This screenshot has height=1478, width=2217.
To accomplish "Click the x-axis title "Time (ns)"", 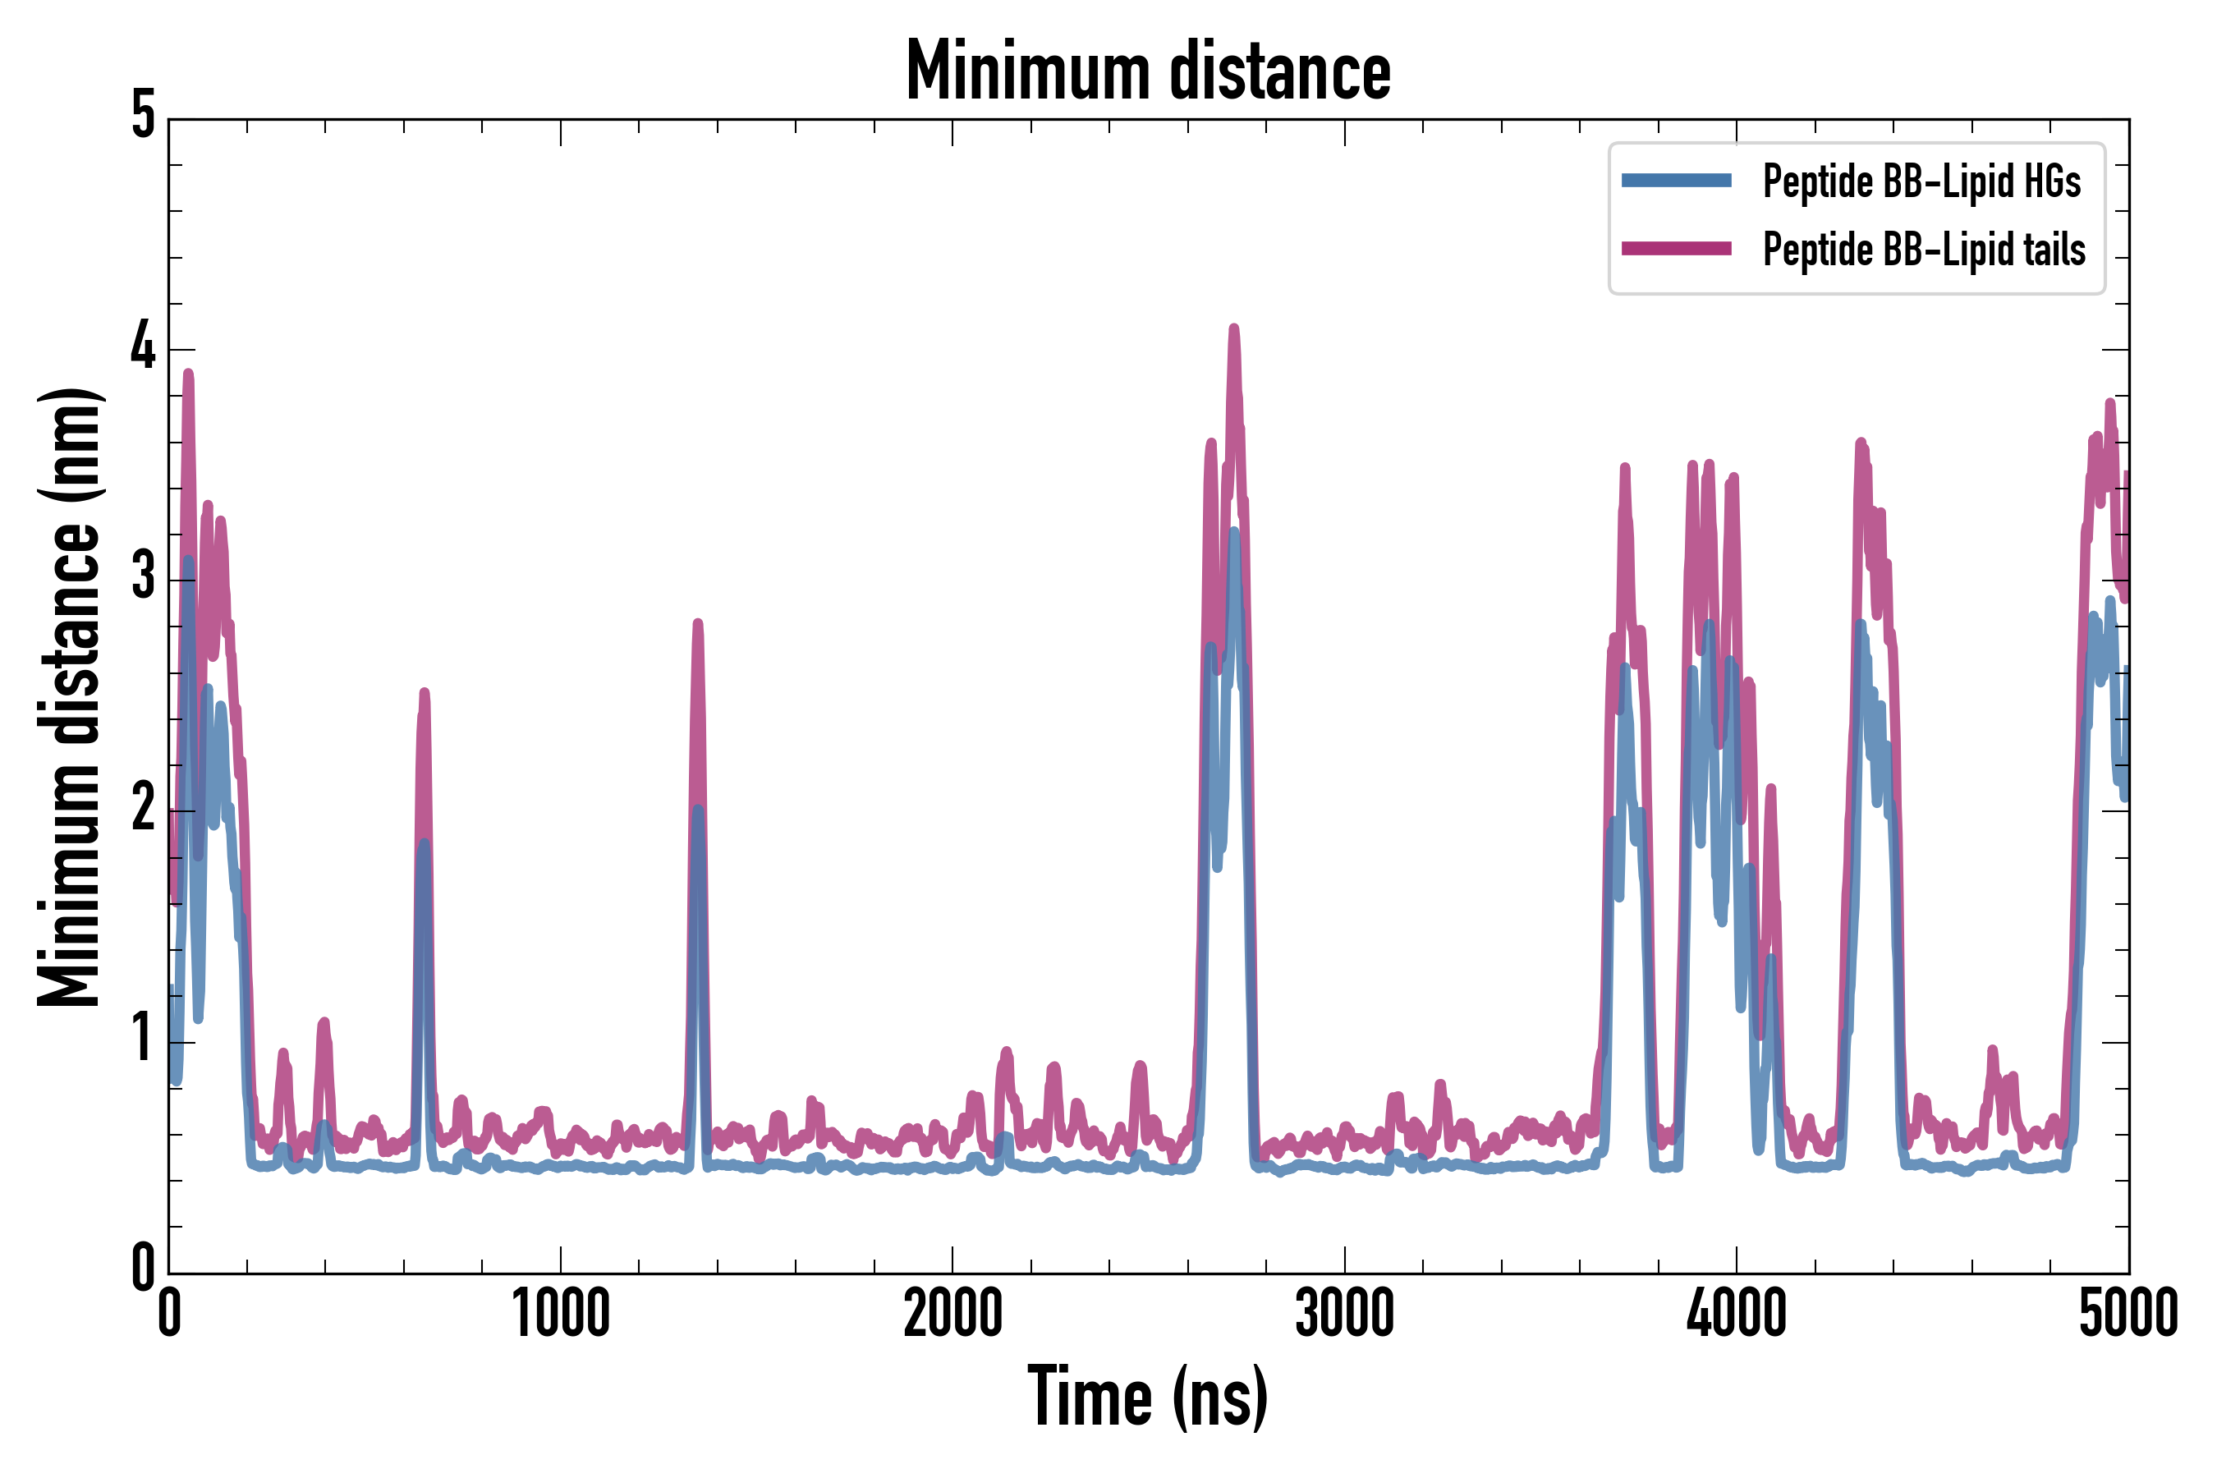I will tap(1147, 1396).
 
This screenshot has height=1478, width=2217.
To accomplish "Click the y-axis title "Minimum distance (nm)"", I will tap(68, 697).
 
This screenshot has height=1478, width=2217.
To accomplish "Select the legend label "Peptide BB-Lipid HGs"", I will tap(1921, 181).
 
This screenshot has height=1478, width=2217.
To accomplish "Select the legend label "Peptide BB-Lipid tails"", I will tap(1924, 250).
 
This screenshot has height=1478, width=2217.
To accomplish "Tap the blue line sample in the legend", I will tap(1676, 181).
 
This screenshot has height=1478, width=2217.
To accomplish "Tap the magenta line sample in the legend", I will tap(1676, 249).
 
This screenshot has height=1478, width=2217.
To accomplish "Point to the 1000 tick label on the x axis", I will tap(561, 1313).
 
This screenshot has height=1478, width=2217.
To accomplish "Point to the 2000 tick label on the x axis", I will tap(952, 1313).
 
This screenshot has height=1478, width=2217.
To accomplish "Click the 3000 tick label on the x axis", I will tap(1344, 1313).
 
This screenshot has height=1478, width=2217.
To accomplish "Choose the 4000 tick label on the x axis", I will tap(1737, 1313).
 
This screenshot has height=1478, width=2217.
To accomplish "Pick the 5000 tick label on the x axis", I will tap(2128, 1313).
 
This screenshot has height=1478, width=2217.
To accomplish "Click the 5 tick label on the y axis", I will tap(143, 116).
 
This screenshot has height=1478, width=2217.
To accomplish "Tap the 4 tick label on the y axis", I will tap(143, 347).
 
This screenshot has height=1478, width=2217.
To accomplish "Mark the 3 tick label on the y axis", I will tap(143, 578).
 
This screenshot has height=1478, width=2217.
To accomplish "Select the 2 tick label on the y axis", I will tap(143, 809).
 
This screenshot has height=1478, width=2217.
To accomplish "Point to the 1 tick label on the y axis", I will tap(143, 1040).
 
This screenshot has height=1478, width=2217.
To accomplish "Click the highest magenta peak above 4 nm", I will tap(1234, 329).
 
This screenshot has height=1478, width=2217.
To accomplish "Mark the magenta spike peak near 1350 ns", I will tap(697, 624).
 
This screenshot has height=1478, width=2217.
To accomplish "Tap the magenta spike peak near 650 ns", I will tap(425, 693).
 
